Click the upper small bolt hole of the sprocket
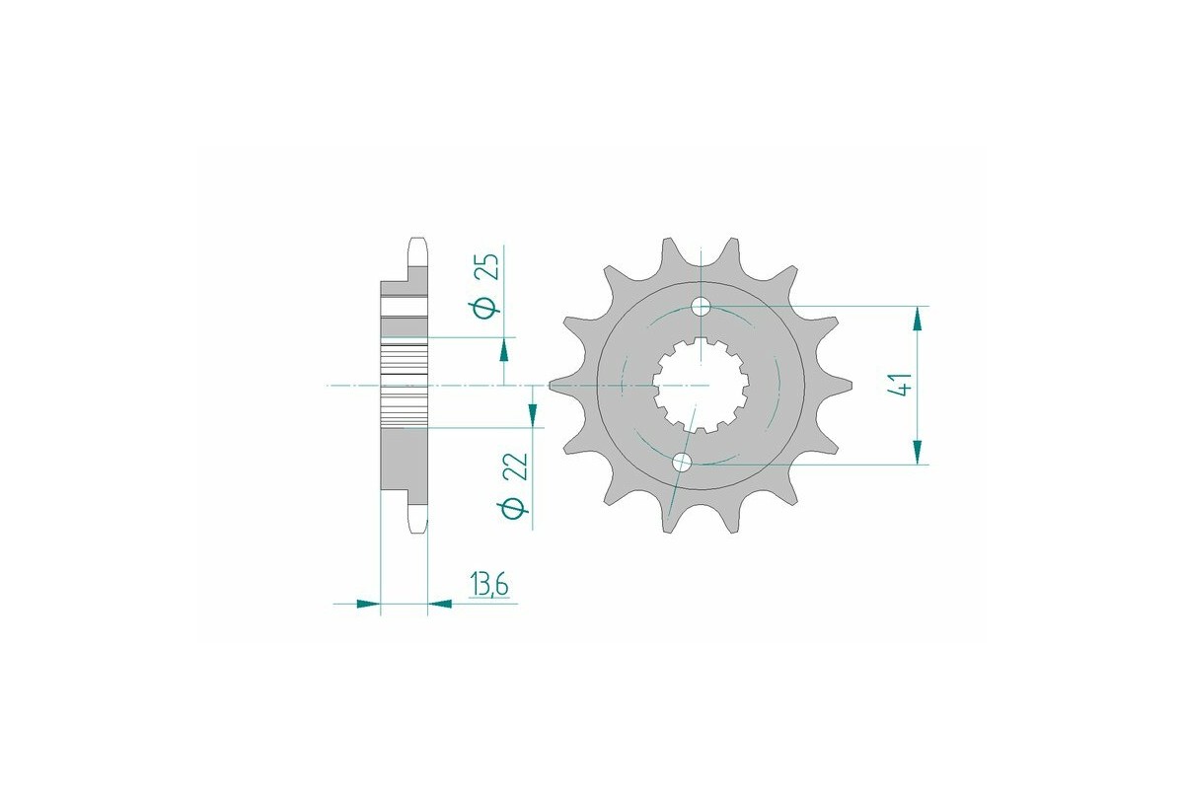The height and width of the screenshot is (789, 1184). coord(701,306)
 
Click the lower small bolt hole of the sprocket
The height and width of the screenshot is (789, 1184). coord(682,462)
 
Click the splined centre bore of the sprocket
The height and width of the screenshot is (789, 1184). coord(703,385)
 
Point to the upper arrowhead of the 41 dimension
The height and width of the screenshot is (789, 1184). coord(919,318)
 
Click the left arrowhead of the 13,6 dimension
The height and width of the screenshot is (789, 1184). coord(369,603)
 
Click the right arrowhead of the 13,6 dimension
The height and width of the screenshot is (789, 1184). coord(439,603)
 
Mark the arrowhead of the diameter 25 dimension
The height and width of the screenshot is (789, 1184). coord(504,349)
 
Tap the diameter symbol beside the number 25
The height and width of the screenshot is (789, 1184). coord(485,308)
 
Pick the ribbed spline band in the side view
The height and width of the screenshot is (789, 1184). coord(405,385)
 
